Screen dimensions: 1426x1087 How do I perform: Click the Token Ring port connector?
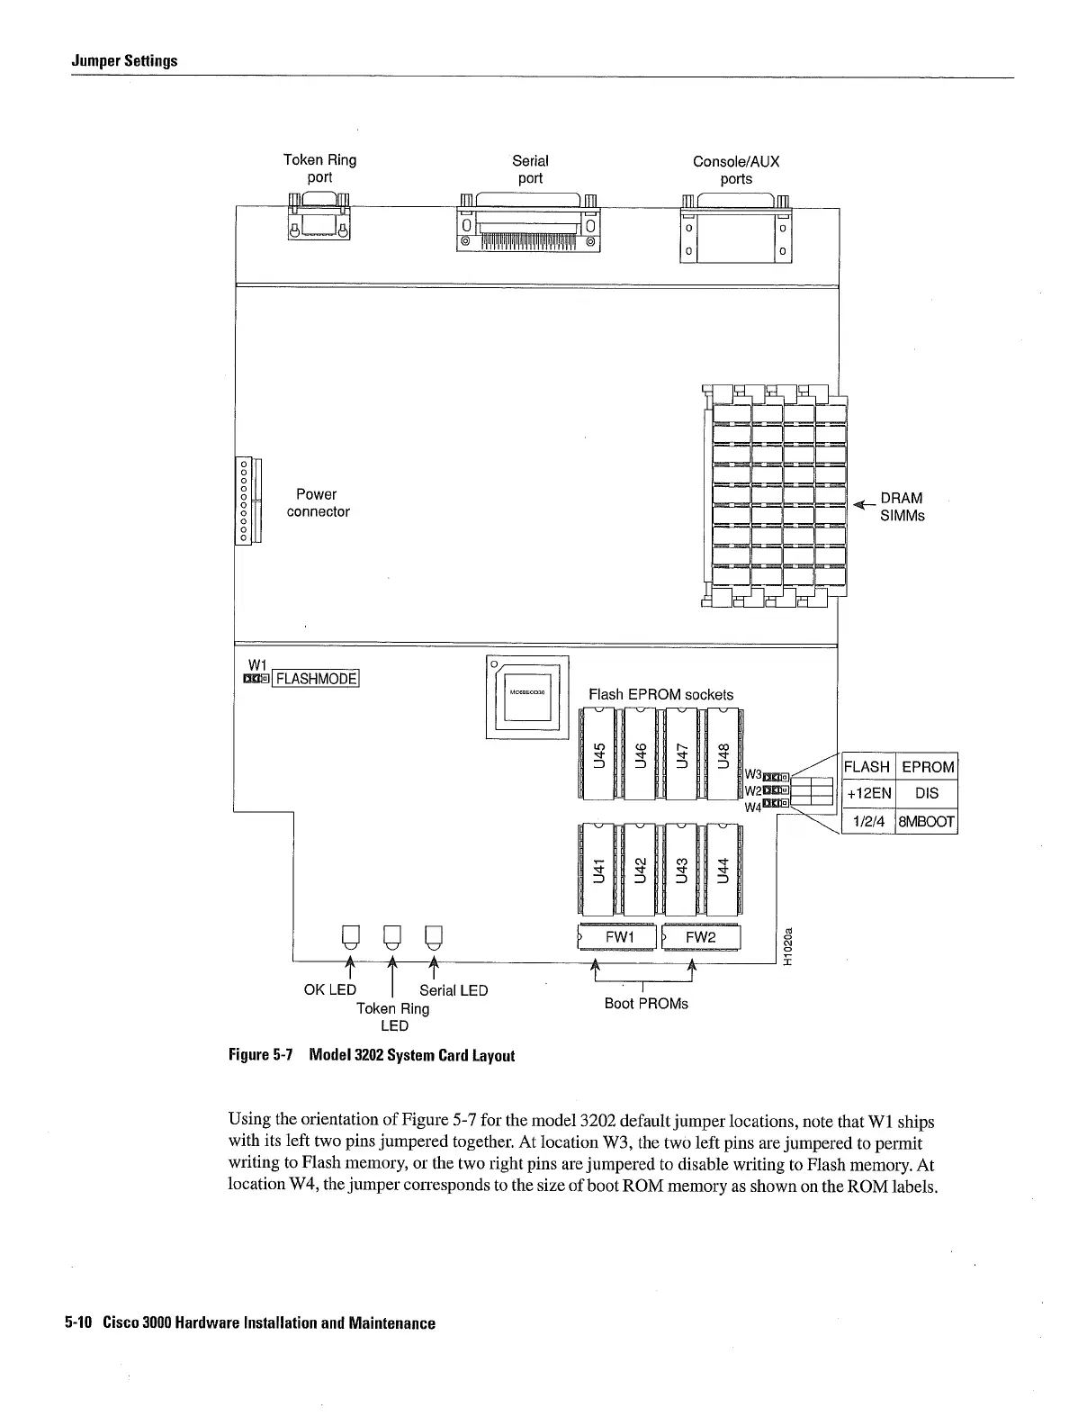(x=319, y=218)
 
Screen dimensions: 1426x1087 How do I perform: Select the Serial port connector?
(x=528, y=225)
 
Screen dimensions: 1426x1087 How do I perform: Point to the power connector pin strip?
(x=243, y=501)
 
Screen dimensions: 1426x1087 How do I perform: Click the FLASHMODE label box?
(x=316, y=679)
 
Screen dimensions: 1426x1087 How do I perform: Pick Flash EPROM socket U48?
(x=723, y=753)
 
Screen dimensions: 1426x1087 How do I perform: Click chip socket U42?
(x=640, y=868)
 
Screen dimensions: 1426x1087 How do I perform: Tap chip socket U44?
(x=723, y=868)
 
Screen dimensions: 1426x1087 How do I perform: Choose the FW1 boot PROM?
(x=618, y=937)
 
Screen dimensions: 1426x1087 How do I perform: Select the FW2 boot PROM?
(x=701, y=937)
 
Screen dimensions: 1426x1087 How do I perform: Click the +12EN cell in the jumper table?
(x=868, y=793)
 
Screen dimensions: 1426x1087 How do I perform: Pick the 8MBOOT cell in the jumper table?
(x=926, y=821)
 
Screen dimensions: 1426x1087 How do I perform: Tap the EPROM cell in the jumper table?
(x=927, y=767)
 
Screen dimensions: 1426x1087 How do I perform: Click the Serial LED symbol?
(x=434, y=937)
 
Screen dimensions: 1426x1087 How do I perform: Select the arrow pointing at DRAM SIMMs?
(x=863, y=503)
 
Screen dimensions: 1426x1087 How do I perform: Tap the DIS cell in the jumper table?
(x=926, y=793)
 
